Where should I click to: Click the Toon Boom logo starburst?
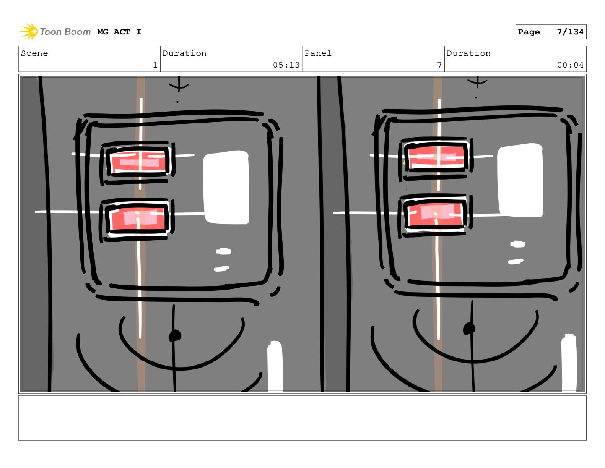click(x=29, y=31)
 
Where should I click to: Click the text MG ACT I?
click(x=119, y=32)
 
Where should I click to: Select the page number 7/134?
click(x=569, y=32)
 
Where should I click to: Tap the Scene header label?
click(x=34, y=53)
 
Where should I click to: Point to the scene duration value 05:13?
click(x=286, y=65)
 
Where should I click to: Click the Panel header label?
click(x=318, y=53)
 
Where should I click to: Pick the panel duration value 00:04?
click(x=570, y=65)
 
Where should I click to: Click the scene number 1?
click(x=155, y=65)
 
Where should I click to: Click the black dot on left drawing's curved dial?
click(x=174, y=335)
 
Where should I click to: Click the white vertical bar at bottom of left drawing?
click(x=275, y=366)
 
